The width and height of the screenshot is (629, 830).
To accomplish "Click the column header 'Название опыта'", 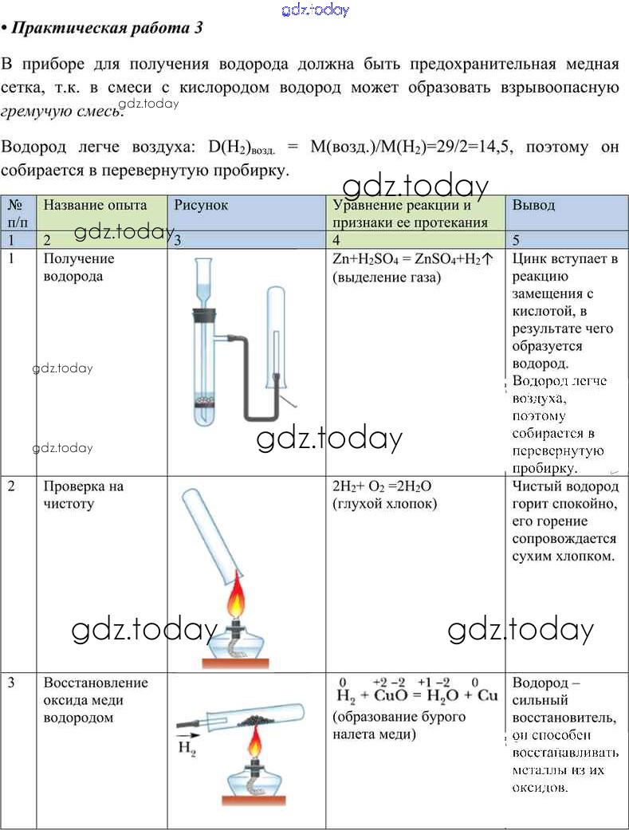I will tap(95, 205).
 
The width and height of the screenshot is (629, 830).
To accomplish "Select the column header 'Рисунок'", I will tap(201, 205).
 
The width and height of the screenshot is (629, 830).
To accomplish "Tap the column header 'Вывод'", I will tap(533, 205).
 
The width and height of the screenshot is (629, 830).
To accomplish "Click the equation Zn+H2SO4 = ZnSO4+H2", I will tap(411, 259).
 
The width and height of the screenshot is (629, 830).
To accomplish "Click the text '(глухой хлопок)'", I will tap(384, 504).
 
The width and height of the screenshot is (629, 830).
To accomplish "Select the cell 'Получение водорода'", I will tap(79, 267).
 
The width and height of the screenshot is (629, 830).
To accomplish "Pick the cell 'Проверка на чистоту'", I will tap(83, 494).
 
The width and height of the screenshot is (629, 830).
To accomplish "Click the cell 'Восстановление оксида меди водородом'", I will tap(96, 699).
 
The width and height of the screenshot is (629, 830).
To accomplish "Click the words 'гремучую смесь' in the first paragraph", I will tap(61, 111).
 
